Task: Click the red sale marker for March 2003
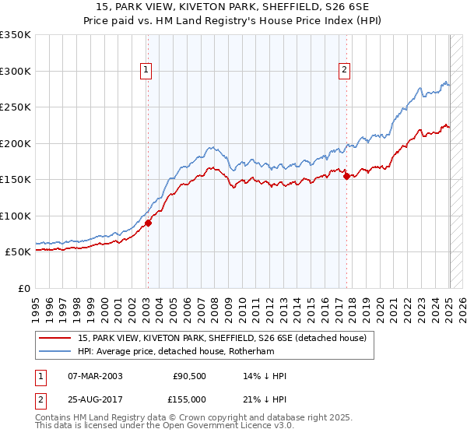tap(148, 223)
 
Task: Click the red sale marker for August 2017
tap(347, 176)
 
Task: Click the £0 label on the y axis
tap(23, 288)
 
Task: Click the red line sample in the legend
tap(54, 338)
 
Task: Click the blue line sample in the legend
tap(54, 351)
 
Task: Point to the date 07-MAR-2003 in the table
tap(95, 376)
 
